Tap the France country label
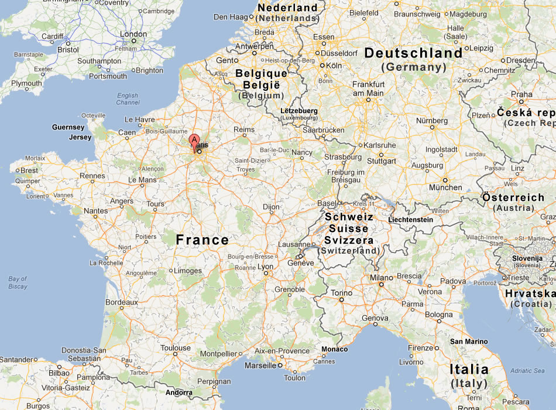(203, 240)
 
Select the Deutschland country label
(413, 53)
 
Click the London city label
(133, 35)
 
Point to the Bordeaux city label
(121, 302)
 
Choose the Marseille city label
(260, 365)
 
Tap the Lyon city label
(266, 266)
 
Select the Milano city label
(381, 277)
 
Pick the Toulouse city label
(176, 348)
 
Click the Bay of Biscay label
(18, 283)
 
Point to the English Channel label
(128, 99)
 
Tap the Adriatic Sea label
(527, 371)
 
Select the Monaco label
(334, 349)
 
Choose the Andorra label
(179, 392)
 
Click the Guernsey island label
(68, 127)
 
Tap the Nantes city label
(96, 211)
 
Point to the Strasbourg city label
(343, 157)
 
